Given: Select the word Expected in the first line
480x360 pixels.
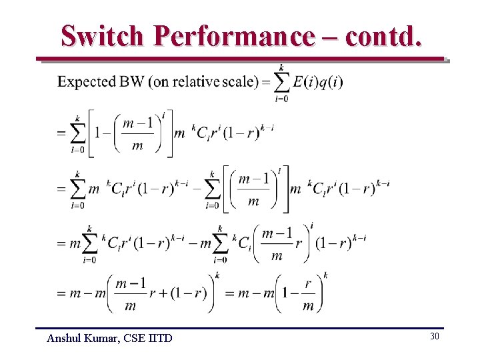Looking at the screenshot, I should point(86,82).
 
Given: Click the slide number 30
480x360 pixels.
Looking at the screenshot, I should point(435,337).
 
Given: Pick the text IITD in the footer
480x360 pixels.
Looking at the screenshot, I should point(160,339).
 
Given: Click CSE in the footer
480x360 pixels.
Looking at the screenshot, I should point(137,339).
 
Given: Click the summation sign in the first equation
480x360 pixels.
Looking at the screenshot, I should point(282,82).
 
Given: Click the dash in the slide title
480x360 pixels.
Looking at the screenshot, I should point(329,37).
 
